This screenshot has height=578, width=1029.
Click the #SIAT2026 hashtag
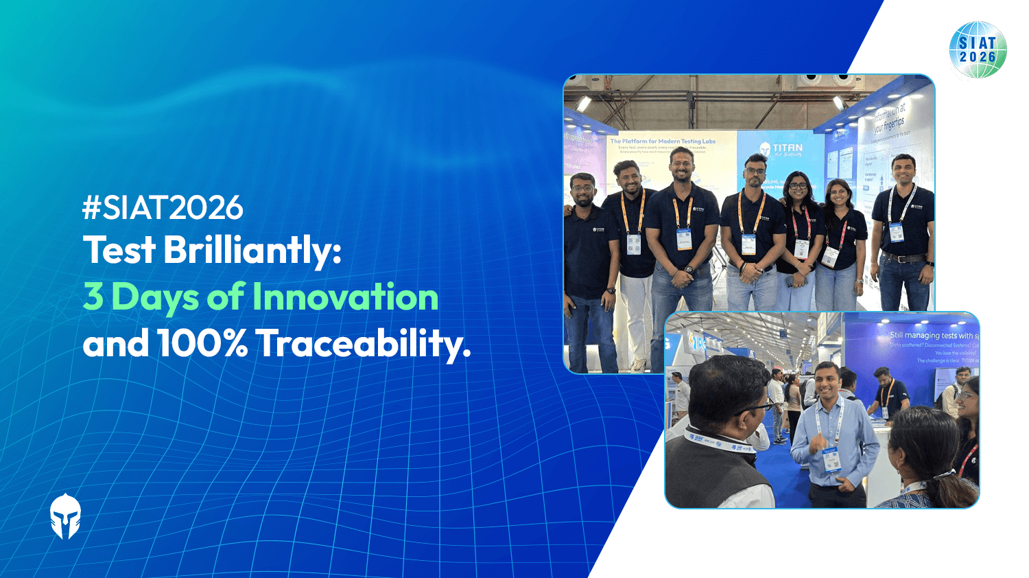click(163, 208)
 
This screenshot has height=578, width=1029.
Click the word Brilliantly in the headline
click(252, 251)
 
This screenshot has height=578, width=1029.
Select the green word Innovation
click(345, 297)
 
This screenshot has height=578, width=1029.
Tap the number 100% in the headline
click(202, 343)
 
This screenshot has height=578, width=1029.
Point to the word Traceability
click(364, 343)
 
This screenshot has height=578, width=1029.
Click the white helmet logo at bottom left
click(65, 516)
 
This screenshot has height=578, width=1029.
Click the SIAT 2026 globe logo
click(978, 49)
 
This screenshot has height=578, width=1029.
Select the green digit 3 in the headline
click(93, 297)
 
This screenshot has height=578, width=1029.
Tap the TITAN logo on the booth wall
click(781, 149)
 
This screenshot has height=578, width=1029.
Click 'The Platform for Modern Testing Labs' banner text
click(663, 141)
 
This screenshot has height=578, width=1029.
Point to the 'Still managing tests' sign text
click(933, 335)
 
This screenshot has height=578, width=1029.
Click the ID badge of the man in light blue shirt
click(831, 458)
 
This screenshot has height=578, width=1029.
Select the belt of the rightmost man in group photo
click(903, 258)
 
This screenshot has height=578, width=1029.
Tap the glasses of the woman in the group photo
click(798, 185)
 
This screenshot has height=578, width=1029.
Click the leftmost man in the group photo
click(587, 261)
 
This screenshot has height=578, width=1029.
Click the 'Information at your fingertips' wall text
click(889, 118)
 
